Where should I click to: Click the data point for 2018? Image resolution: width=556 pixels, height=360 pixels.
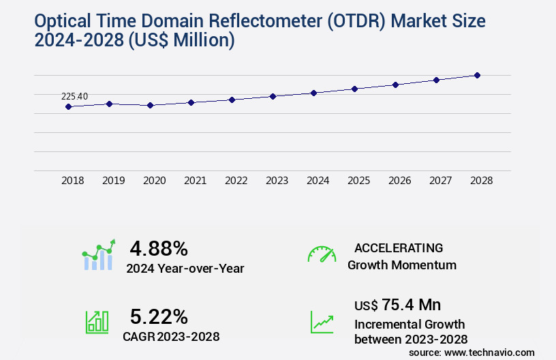coord(68,106)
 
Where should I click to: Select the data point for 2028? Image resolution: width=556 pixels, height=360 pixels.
coord(478,75)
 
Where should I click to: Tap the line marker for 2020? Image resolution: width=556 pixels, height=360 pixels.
coord(151,105)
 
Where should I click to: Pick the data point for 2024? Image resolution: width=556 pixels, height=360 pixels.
coord(314,93)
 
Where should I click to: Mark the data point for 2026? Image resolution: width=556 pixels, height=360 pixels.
coord(396,85)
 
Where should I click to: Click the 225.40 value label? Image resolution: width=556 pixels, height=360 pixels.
coord(75,96)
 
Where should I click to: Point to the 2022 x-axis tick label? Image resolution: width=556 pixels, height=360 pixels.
coord(236,181)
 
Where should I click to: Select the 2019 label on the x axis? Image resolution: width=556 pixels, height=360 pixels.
coord(114,181)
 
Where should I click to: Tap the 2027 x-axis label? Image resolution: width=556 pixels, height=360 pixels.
coord(441,181)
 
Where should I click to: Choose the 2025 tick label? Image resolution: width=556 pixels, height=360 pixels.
coord(359,181)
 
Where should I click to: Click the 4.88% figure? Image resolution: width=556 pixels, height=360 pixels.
coord(159,248)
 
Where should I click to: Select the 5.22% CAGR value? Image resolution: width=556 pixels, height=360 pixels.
coord(159,316)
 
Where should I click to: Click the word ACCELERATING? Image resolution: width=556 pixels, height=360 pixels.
coord(399,247)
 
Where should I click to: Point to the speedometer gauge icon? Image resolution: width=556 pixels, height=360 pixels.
coord(322,254)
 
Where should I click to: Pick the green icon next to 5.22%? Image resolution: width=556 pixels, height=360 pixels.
coord(97,322)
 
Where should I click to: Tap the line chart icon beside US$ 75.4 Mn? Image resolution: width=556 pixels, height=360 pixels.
coord(322,322)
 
